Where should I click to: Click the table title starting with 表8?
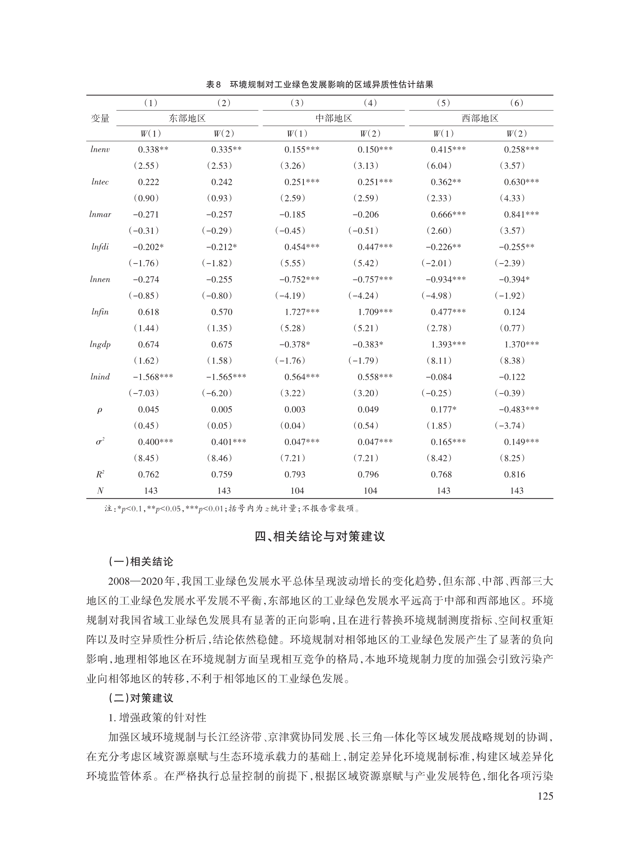coord(319,85)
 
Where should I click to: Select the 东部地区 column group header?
coord(187,118)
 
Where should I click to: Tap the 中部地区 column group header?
coord(334,118)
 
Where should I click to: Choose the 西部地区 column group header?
coord(480,118)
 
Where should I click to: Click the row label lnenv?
coord(100,149)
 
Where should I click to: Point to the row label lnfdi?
coord(100,247)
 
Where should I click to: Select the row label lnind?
coord(100,377)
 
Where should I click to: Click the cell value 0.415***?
coord(448,149)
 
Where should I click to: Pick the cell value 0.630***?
coord(521,182)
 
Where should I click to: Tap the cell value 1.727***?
coord(301,312)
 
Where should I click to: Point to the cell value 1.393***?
coord(448,345)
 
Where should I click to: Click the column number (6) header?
coord(516,103)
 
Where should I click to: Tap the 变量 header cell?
coord(100,118)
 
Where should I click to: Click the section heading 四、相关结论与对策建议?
coord(319,536)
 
